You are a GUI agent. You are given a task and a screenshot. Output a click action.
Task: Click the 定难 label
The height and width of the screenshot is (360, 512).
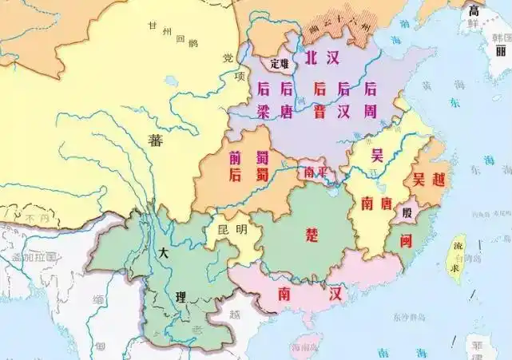click(x=280, y=62)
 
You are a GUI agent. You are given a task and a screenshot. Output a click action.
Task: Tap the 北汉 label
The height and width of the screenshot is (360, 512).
click(x=323, y=58)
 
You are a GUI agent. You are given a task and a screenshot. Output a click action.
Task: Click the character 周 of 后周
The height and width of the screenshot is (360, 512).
click(x=370, y=112)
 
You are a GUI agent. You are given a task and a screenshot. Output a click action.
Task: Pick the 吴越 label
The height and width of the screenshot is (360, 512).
click(x=427, y=179)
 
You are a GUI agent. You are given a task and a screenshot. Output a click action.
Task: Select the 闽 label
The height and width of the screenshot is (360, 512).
click(x=405, y=238)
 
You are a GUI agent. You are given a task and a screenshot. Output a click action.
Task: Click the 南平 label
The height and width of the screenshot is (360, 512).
click(x=312, y=172)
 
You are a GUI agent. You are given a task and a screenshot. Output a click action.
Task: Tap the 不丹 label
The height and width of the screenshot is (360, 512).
click(x=32, y=217)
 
